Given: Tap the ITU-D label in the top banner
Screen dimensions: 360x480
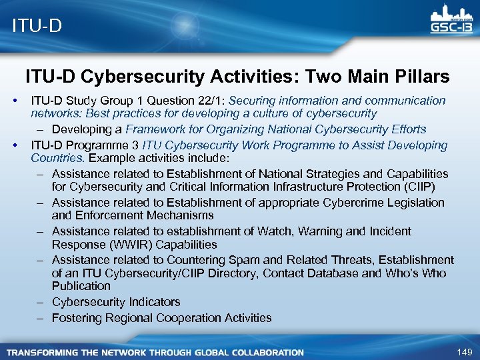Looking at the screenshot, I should (37, 26).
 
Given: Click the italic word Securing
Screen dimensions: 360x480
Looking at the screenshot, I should (251, 101).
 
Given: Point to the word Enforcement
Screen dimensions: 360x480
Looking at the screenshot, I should (113, 215).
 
